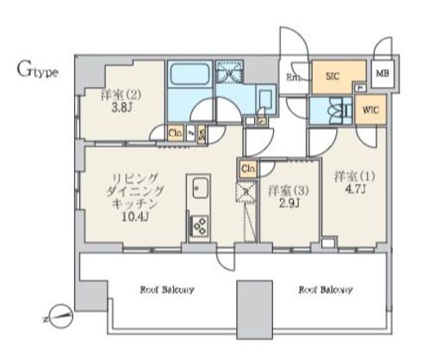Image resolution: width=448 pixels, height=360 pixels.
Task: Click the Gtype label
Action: [x=37, y=71]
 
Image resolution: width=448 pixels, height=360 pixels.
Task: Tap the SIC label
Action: [x=333, y=77]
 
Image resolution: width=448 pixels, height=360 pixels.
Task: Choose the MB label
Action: [x=383, y=73]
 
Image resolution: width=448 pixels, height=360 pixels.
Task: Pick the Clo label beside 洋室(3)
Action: [x=248, y=168]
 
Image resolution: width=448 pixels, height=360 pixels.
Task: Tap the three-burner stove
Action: [x=199, y=227]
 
